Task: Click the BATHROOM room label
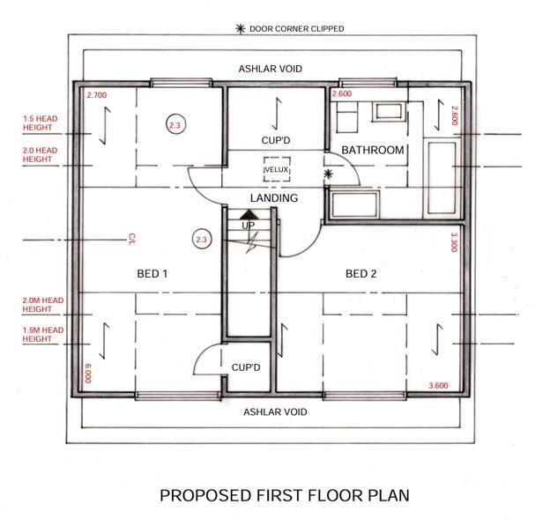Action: tap(373, 150)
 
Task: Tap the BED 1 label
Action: tap(152, 274)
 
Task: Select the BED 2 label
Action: tap(360, 274)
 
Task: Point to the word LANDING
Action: tap(273, 198)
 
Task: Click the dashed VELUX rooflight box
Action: tap(277, 169)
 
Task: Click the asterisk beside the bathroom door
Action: tap(328, 174)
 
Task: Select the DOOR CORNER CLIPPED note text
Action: tap(296, 29)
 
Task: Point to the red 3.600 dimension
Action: tap(439, 386)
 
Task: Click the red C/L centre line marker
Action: tap(130, 239)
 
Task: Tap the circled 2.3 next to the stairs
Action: tap(201, 239)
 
